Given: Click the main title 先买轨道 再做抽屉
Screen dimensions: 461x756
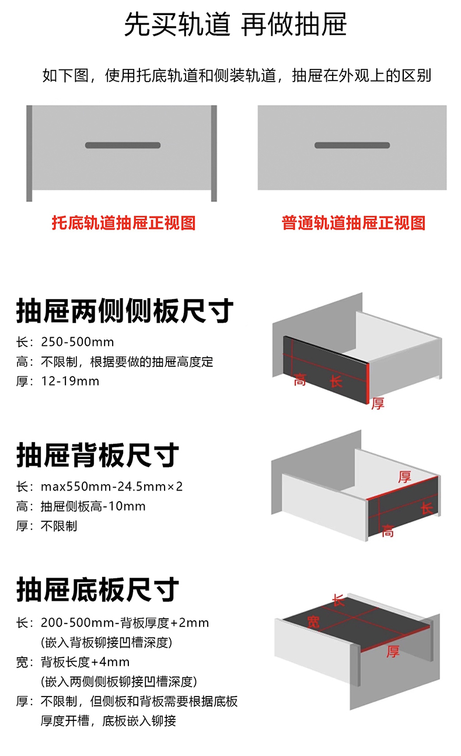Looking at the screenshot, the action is [235, 24].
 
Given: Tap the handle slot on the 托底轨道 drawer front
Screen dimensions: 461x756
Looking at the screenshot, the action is [123, 145].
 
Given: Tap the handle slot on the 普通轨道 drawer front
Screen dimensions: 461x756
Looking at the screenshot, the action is [352, 145].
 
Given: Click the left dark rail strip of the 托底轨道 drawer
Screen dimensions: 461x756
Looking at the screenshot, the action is [29, 153].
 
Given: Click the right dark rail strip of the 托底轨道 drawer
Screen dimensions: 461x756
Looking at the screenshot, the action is [214, 153].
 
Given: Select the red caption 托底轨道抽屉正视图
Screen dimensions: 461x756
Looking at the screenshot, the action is [124, 223].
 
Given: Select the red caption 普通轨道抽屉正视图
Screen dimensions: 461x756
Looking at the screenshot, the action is [354, 223].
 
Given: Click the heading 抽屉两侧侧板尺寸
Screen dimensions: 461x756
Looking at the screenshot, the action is [125, 310].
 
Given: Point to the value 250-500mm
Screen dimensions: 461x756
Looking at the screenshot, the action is [78, 342].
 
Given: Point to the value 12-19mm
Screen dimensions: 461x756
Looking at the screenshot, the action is [70, 381].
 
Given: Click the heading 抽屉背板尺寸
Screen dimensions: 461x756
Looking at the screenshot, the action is [97, 455].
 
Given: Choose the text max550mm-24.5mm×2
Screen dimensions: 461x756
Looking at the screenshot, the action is [112, 487].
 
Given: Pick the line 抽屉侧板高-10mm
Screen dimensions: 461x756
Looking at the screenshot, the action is [93, 506].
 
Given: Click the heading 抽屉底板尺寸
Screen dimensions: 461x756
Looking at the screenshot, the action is [97, 589].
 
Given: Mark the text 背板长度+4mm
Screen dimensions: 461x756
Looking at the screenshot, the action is [85, 662].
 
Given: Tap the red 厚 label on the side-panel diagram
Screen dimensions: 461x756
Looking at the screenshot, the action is [378, 403].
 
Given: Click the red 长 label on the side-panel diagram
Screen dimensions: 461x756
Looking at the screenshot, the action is [336, 381].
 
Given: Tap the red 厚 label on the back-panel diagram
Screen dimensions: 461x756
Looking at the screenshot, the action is [404, 477].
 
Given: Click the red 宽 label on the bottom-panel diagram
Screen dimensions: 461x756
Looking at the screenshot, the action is [313, 621].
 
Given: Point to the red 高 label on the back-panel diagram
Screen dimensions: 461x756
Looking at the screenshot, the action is [387, 531].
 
